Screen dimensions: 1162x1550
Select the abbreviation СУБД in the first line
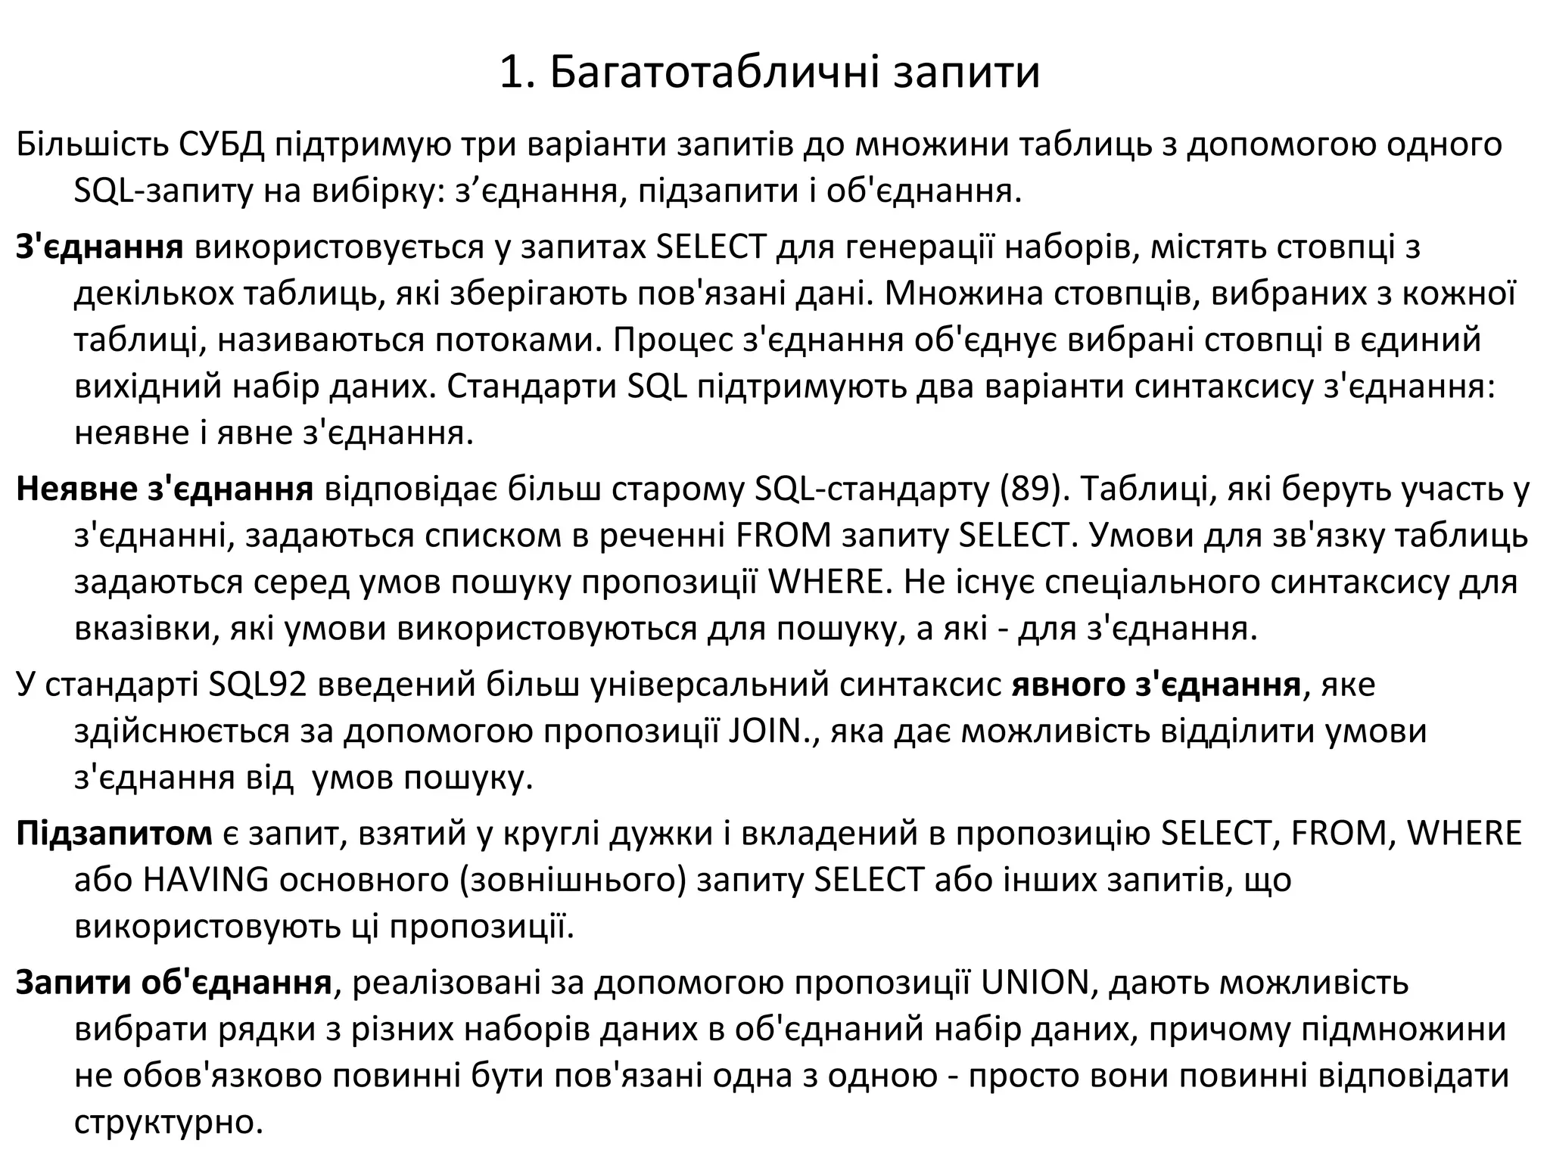coord(222,144)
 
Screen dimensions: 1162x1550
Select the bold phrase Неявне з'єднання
coord(164,489)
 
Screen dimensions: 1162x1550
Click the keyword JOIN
coord(766,732)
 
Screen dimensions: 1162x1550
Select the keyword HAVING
coord(205,880)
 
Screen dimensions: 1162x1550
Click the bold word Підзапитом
coord(114,833)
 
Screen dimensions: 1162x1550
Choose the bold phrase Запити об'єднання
coord(174,983)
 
